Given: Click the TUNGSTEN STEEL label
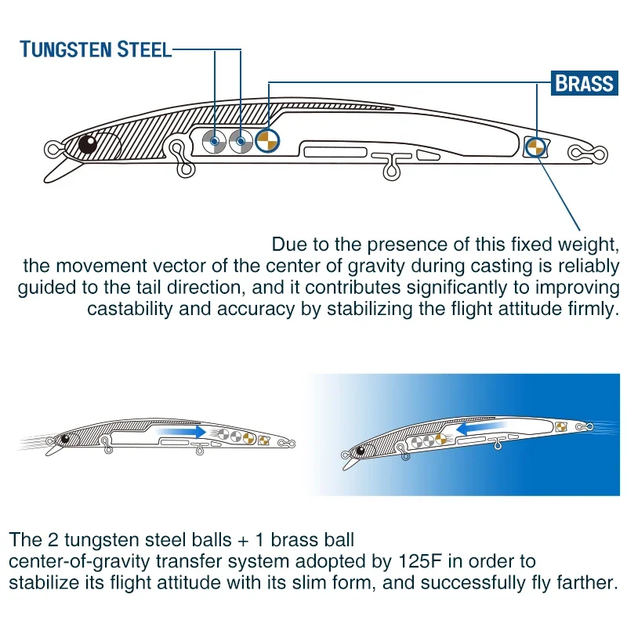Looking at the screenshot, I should [96, 49].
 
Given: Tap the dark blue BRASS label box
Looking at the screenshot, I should [584, 82].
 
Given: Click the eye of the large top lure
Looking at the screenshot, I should [87, 143].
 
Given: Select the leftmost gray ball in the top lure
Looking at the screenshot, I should [213, 142].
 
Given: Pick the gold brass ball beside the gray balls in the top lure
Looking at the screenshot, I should [267, 141].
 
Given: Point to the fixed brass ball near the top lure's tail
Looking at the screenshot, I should [536, 146].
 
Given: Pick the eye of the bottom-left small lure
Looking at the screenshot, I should [65, 438].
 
